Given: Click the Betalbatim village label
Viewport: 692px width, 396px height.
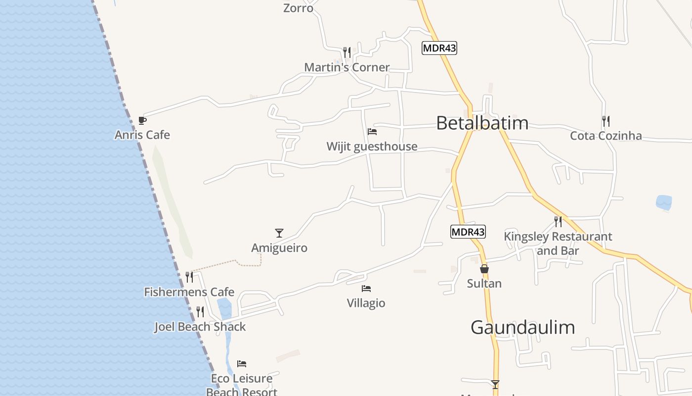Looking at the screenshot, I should tap(482, 123).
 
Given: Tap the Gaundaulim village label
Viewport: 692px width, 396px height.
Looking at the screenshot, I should tap(522, 327).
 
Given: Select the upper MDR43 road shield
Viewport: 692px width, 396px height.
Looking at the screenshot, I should tap(439, 48).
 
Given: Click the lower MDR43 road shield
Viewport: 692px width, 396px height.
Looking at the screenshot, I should tap(468, 231).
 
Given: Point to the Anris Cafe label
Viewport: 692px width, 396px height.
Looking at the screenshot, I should tap(142, 135).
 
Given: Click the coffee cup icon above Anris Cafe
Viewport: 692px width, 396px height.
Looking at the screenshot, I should tap(142, 120).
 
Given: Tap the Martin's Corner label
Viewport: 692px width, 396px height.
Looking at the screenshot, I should tap(346, 67).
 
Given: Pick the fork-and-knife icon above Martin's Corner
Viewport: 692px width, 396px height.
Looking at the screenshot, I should tap(347, 52).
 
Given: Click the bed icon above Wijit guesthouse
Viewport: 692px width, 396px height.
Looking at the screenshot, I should tap(372, 132).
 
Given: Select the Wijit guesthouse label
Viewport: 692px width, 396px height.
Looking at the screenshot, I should tap(372, 147).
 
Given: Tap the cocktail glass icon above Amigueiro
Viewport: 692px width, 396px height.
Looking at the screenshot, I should tap(279, 233).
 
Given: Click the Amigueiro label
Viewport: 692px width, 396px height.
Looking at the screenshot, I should tap(279, 248).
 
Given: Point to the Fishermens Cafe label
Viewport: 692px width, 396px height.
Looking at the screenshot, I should tap(189, 292).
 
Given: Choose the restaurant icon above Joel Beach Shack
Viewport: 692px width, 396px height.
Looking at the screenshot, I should tap(200, 311).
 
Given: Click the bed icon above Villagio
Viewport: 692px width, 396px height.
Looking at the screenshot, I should tap(366, 288).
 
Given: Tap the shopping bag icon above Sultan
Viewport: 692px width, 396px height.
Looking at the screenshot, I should tap(484, 269).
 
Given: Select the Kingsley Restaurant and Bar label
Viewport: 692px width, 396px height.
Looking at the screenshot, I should tap(558, 244).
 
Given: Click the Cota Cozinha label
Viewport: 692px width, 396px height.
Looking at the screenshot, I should tap(606, 136).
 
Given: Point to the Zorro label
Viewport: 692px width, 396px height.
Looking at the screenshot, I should tap(298, 8).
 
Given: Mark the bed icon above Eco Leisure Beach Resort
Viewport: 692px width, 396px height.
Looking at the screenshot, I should tap(242, 364).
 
